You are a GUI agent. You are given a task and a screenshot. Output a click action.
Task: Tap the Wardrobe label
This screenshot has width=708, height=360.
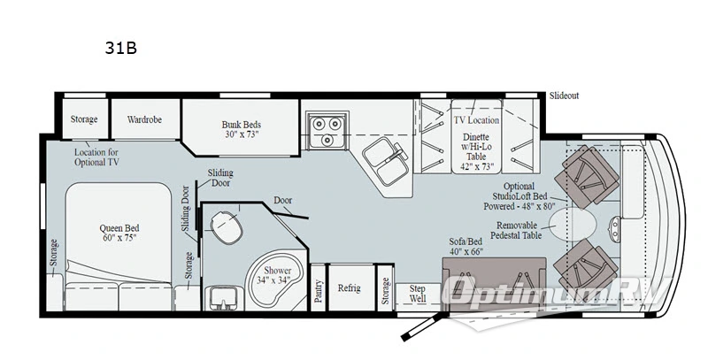coord(143,119)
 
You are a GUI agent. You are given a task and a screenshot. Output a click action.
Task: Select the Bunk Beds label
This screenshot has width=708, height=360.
coord(242,130)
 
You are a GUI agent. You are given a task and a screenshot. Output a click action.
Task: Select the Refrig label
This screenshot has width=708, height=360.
coord(347,288)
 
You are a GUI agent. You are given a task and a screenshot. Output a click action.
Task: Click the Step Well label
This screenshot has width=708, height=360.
coord(418,294)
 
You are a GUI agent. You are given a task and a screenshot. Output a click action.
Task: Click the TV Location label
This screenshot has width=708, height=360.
coord(476,119)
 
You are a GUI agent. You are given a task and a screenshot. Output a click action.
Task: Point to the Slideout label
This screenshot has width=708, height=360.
coord(564,96)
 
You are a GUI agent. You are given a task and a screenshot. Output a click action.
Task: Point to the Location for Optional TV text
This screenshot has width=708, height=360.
coord(96,157)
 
